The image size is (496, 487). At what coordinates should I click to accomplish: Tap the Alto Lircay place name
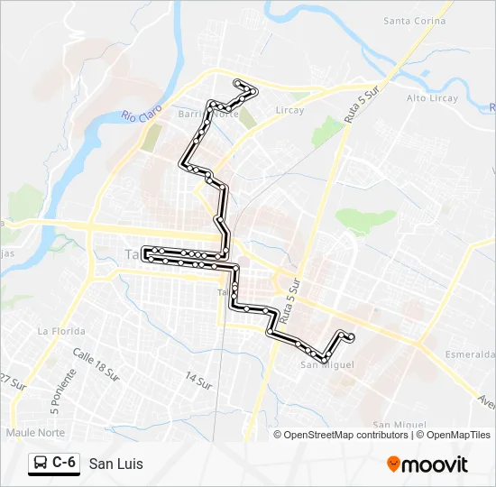point(432,98)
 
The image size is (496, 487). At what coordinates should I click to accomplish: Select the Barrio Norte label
point(208,115)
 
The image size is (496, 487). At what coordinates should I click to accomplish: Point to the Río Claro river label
point(140,116)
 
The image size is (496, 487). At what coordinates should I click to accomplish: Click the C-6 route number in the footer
point(63,463)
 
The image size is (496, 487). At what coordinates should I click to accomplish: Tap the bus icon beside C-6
point(41,464)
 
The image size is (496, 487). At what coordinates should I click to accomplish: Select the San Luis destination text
point(115,464)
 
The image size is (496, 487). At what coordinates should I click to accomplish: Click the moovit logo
point(427,464)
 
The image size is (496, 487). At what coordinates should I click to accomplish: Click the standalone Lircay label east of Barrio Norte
point(290,110)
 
